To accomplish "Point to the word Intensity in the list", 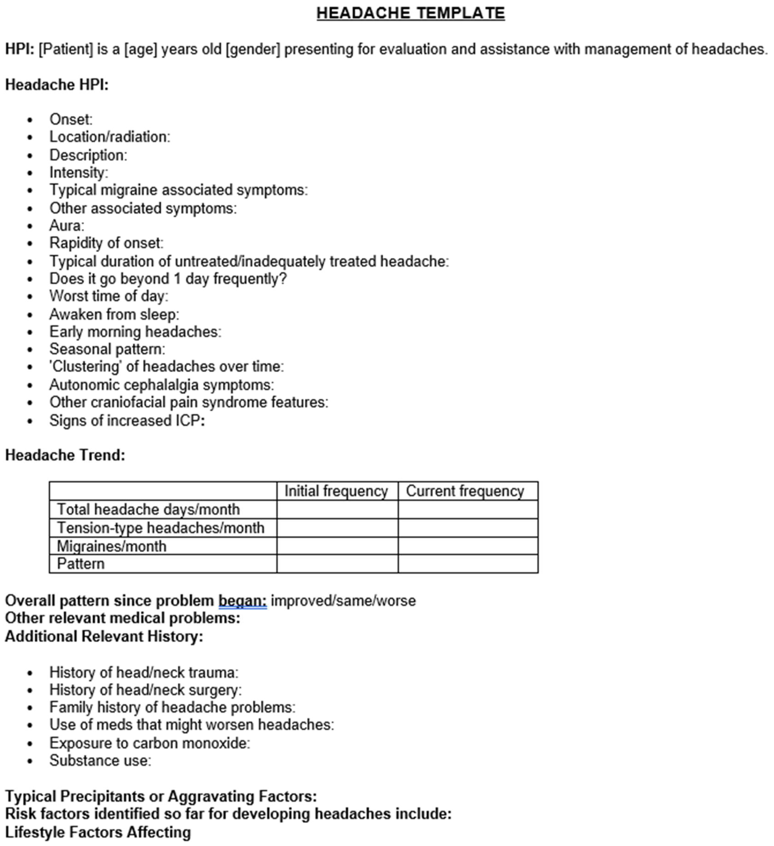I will point(77,172).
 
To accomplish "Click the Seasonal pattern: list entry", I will point(107,349).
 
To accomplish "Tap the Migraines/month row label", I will point(112,546).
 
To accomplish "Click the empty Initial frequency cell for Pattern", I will point(337,564).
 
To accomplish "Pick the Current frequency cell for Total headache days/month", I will point(467,509).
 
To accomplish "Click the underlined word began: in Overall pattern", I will point(242,601).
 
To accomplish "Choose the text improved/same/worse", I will point(343,601).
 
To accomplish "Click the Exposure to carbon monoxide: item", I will point(149,743).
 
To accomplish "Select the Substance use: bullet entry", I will point(100,761).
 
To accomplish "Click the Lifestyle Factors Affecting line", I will point(98,832).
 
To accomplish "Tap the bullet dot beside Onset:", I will point(30,120).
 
